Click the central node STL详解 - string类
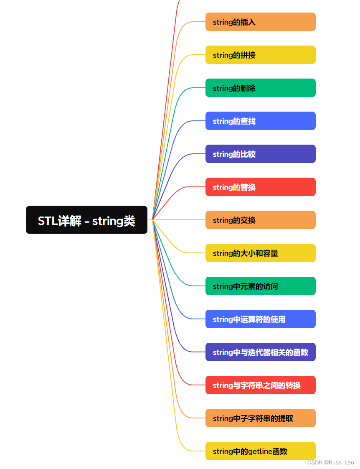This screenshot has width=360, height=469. click(86, 220)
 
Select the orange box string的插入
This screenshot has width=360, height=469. click(260, 22)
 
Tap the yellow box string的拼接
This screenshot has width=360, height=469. click(260, 55)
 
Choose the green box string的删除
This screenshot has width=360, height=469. click(260, 88)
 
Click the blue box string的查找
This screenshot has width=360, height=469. click(260, 121)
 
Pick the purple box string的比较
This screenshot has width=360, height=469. click(260, 154)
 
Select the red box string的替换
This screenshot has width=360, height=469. click(260, 187)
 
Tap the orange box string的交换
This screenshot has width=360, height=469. click(260, 220)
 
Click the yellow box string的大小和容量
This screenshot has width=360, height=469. click(260, 253)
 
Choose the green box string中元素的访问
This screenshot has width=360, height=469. click(260, 286)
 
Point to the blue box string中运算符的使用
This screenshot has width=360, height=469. click(260, 319)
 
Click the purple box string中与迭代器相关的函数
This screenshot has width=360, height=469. click(260, 352)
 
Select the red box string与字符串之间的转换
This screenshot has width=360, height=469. click(260, 385)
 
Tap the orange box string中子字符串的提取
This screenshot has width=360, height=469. click(260, 418)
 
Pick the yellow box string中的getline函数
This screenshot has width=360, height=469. click(260, 451)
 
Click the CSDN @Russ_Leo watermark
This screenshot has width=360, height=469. click(330, 462)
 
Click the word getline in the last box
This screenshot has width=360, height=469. click(260, 451)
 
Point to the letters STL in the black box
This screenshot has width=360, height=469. click(48, 221)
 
